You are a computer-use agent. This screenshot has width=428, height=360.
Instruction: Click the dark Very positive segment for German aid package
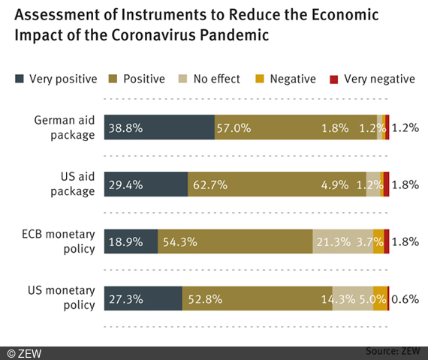(x=159, y=127)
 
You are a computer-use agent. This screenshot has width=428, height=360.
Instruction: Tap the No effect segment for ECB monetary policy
(x=342, y=241)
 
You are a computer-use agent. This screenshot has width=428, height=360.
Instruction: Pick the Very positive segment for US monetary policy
(x=143, y=298)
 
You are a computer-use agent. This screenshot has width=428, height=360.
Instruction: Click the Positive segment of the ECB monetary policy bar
(x=235, y=241)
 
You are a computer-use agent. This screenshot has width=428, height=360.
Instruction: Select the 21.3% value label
(x=334, y=241)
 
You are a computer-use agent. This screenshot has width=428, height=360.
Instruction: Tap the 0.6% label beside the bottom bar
(x=405, y=298)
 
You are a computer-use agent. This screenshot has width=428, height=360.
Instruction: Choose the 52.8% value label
(x=204, y=298)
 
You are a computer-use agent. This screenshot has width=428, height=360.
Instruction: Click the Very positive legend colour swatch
(x=20, y=79)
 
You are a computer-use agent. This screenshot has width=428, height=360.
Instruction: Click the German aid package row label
(x=65, y=127)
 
